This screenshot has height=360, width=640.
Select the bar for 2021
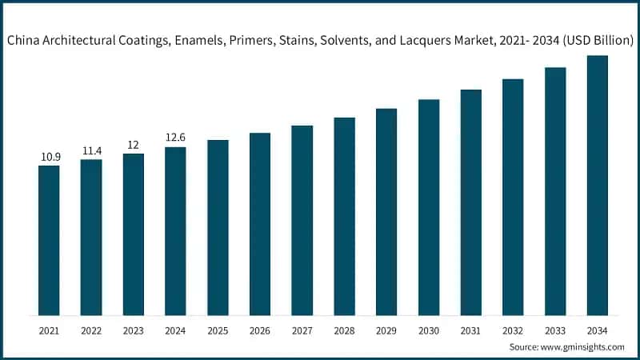coord(49,240)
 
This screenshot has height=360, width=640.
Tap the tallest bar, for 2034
coord(597,185)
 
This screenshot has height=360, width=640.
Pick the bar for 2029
coord(386,211)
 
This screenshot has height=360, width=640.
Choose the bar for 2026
coord(260,223)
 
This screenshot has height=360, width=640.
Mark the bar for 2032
coord(513,197)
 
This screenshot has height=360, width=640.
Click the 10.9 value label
coord(50,157)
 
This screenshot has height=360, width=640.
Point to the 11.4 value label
coord(91,150)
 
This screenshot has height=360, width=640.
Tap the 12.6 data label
coord(175,138)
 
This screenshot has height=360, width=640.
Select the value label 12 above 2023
coord(133,145)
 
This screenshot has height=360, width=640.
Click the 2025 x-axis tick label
coord(218,330)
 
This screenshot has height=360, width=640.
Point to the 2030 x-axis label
coord(429,330)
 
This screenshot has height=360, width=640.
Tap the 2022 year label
coord(91,330)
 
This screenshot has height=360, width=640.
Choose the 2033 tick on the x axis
coord(555,330)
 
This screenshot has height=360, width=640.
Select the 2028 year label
coord(344,330)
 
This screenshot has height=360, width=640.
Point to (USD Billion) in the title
coord(597,40)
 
